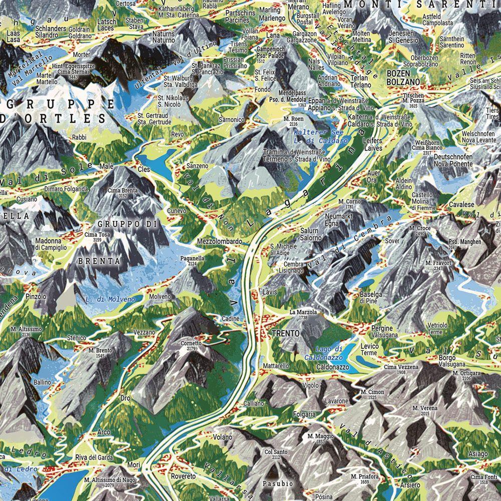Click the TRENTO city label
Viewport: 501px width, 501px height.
(286, 333)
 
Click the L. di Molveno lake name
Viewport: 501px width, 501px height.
(110, 299)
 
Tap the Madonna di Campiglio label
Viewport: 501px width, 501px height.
(51, 244)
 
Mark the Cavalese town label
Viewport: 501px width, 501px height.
(461, 205)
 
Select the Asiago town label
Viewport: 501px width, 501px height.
(478, 454)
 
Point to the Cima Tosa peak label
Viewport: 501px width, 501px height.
(98, 234)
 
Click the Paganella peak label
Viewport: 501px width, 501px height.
(192, 258)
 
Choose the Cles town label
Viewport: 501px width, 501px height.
(144, 169)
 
